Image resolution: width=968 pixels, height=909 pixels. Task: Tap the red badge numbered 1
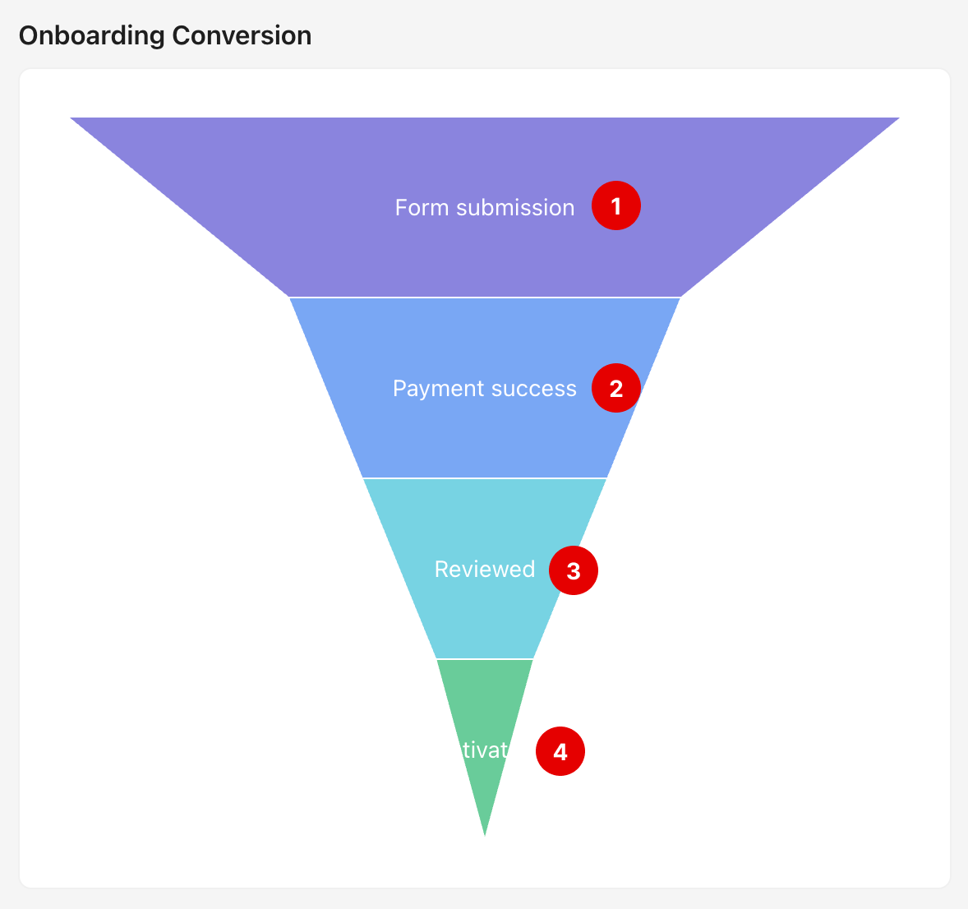coord(616,205)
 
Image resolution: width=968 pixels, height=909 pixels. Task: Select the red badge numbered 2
coord(616,388)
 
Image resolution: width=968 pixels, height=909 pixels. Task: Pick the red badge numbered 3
coord(574,570)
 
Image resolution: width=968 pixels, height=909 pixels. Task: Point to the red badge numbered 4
coord(560,751)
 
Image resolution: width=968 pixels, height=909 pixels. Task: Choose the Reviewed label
coord(484,569)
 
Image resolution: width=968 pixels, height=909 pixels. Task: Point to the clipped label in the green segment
coord(485,750)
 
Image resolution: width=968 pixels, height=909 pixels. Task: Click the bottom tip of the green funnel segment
coord(485,833)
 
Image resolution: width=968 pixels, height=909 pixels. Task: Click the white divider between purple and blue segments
coord(485,297)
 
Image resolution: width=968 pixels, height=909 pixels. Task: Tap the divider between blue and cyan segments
coord(485,478)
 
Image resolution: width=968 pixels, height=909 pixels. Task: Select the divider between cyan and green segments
coord(485,658)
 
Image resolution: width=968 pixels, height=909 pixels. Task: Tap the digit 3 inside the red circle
coord(574,570)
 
